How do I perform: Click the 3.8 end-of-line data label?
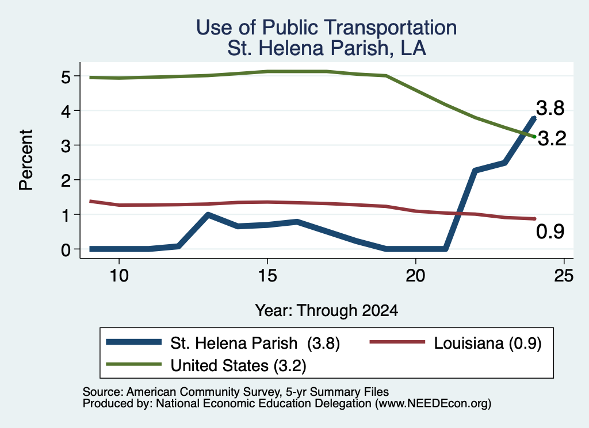coord(550,108)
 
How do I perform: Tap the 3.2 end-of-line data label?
coord(552,139)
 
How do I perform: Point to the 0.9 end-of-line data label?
coord(550,232)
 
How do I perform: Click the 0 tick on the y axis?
coord(66,249)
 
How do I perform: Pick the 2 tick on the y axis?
coord(66,180)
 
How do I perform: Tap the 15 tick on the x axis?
coord(267,276)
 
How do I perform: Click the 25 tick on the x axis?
coord(564,276)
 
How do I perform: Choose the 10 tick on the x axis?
coord(119,276)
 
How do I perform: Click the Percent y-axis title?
coord(26,160)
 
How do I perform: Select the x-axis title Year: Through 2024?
coord(327,311)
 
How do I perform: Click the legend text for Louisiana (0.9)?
coord(488,343)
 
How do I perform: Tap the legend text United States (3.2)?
coord(238,365)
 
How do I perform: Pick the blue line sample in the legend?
coord(133,342)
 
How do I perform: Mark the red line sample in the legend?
coord(397,342)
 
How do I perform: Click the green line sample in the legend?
coord(133,364)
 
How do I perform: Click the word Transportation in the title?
coord(391,28)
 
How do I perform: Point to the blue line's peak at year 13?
coord(208,214)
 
